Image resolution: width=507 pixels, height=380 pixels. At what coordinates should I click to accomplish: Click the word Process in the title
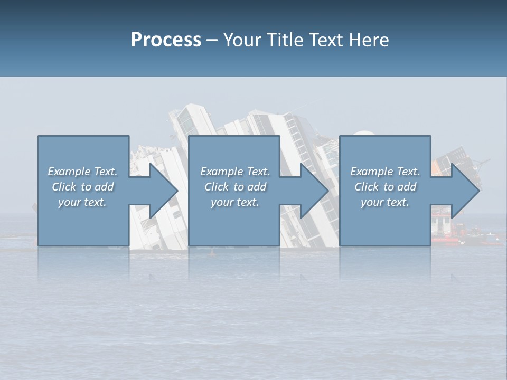(166, 40)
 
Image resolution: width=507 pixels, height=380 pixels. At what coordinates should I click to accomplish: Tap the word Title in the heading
(285, 40)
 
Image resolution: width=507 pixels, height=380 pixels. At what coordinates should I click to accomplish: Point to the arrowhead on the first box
(161, 191)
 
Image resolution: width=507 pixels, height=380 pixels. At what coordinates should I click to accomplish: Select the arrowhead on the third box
(463, 191)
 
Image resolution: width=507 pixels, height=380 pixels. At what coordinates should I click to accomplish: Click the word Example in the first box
(69, 172)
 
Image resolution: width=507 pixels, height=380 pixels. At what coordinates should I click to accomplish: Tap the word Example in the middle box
(221, 172)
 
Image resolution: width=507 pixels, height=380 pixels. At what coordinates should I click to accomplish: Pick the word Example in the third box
(371, 172)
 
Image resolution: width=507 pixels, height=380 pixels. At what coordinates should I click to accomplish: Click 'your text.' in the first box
(82, 202)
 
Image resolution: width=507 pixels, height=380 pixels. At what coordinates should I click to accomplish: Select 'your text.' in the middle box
(235, 202)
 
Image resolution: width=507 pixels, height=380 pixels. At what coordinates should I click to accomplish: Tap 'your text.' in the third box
(385, 202)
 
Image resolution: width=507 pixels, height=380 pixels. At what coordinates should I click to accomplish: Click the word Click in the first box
(64, 187)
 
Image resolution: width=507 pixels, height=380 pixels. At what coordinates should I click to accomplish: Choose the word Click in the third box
(367, 187)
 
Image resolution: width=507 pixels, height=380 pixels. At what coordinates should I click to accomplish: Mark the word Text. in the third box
(408, 172)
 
